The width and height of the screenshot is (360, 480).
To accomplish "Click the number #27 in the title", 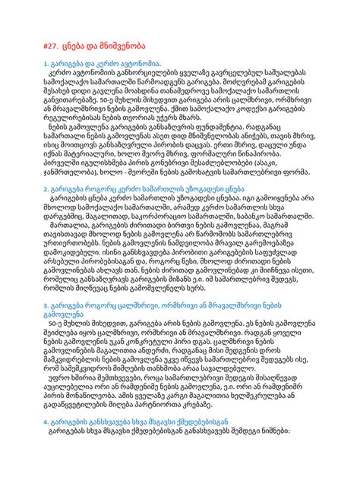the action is (x=52, y=46).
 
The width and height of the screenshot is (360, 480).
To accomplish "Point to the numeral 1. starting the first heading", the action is (x=47, y=65).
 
